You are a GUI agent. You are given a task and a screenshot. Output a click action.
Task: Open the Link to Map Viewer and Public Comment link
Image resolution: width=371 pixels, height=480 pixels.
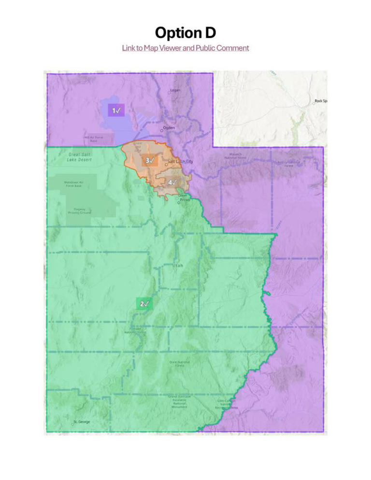coord(185,48)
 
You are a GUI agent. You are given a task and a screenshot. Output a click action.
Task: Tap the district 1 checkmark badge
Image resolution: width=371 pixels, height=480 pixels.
coord(116,111)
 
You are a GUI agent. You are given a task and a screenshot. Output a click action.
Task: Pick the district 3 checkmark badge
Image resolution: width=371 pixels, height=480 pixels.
coord(150,160)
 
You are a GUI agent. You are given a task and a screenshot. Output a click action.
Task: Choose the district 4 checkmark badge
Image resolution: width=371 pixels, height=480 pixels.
coord(172,182)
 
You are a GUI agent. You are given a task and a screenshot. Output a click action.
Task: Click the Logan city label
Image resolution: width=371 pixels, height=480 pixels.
coord(175,90)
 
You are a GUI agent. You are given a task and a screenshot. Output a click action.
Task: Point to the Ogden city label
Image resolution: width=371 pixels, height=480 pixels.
coord(169,128)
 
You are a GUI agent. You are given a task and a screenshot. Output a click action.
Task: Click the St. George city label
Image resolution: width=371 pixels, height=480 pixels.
coord(82,422)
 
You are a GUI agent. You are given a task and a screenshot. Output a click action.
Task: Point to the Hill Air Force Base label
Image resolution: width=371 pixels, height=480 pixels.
coord(93,139)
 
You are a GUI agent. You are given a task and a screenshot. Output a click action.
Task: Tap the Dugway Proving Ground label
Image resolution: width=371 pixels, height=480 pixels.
coord(76,211)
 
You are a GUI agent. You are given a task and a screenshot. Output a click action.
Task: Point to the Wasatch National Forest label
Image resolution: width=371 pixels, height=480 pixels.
coord(235,156)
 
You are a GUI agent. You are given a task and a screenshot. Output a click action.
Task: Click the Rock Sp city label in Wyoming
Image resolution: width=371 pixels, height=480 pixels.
coord(320,101)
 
